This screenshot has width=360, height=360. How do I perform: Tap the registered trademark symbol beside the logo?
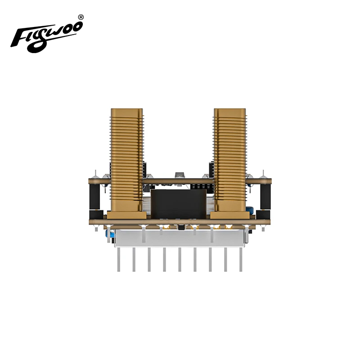pos(81,17)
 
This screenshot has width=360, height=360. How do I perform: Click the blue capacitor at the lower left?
pos(109,234)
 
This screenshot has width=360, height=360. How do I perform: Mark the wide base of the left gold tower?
pos(127,215)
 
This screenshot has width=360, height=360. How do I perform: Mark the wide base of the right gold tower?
pos(230,215)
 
